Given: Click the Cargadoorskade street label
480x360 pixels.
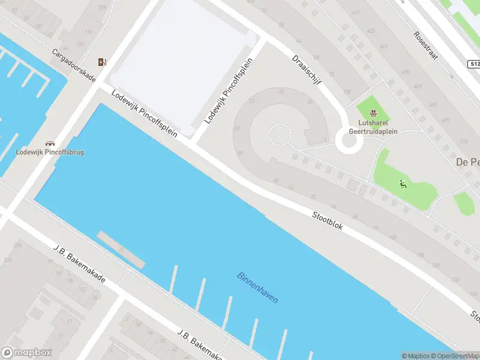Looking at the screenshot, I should pos(73,63).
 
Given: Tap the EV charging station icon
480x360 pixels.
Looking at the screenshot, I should pos(103,62).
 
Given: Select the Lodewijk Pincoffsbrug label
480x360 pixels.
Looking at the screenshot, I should pos(50,152).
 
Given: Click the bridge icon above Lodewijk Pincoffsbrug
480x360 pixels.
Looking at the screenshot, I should pos(50,143).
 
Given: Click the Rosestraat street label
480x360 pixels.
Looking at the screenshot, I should pos(426,44).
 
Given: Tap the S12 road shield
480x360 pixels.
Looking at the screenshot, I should pos(473,64).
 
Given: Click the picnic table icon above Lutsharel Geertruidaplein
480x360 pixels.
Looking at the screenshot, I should pos(374,113).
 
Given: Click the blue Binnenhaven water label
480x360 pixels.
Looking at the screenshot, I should pos(257,288).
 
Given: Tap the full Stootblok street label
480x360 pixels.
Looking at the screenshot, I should pos(327,221).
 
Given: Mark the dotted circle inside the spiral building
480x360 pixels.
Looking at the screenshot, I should pos(278,135).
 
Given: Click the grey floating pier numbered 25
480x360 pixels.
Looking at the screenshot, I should pos(121,249).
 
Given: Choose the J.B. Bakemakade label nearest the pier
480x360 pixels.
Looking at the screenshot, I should pos(79,264).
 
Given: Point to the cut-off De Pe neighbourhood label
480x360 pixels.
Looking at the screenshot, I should pos(467,162).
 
